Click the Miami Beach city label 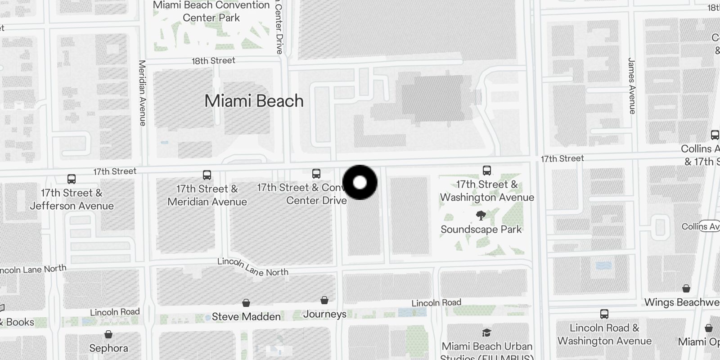click(254, 101)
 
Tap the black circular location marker click(360, 183)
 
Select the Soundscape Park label click(481, 229)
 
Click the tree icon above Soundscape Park click(481, 216)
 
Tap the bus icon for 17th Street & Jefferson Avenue click(72, 179)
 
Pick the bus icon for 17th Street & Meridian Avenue click(207, 175)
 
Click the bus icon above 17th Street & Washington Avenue click(487, 171)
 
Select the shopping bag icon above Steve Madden click(246, 302)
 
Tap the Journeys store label click(324, 314)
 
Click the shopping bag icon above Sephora click(108, 334)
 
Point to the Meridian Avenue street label click(143, 93)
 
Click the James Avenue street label click(632, 85)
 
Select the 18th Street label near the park click(213, 61)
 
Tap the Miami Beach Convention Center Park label click(211, 11)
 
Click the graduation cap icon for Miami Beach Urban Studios click(486, 333)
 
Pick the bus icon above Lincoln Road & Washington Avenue click(604, 314)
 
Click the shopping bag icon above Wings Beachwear click(686, 288)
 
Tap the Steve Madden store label click(246, 317)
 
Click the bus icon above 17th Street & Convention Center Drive click(316, 174)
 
